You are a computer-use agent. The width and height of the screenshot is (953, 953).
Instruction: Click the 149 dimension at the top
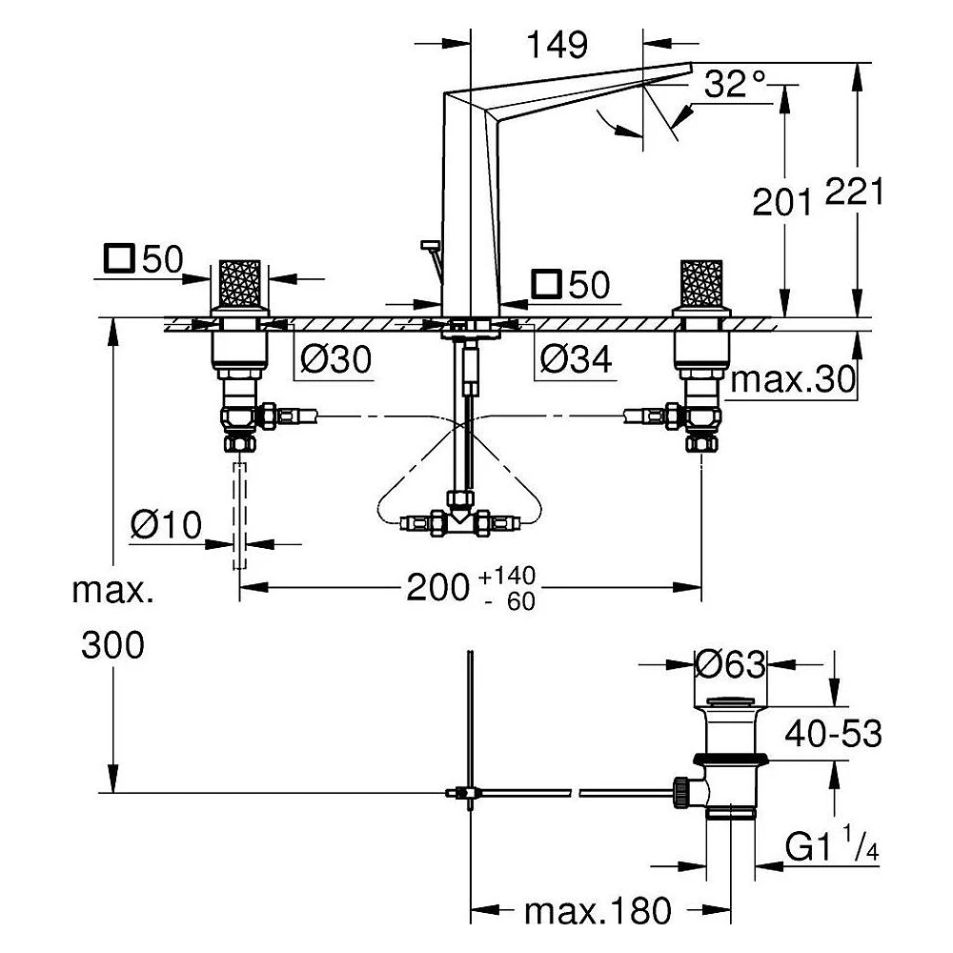pyautogui.click(x=557, y=45)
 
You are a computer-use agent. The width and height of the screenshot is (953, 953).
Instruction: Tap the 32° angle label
pyautogui.click(x=735, y=83)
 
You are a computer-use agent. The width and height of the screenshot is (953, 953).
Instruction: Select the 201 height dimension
pyautogui.click(x=781, y=202)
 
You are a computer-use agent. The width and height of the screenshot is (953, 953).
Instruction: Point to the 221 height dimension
pyautogui.click(x=854, y=193)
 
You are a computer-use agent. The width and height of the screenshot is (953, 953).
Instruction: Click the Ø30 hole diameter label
pyautogui.click(x=336, y=359)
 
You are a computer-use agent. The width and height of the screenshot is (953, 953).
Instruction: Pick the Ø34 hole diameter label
pyautogui.click(x=576, y=359)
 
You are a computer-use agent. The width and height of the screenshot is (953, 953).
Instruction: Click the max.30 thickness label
pyautogui.click(x=793, y=379)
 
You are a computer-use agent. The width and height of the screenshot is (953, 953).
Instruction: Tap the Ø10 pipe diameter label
pyautogui.click(x=166, y=524)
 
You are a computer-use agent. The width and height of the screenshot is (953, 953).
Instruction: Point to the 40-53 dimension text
pyautogui.click(x=833, y=734)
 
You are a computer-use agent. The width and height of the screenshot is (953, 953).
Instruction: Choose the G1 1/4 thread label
pyautogui.click(x=832, y=844)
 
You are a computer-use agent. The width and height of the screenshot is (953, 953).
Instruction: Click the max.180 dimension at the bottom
pyautogui.click(x=598, y=910)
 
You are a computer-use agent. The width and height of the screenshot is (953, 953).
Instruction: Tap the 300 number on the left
pyautogui.click(x=113, y=645)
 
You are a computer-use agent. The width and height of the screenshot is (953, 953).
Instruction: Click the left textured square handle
pyautogui.click(x=239, y=284)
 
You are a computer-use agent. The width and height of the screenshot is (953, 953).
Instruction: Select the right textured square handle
pyautogui.click(x=701, y=284)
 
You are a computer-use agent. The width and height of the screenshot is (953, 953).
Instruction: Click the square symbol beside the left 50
pyautogui.click(x=119, y=258)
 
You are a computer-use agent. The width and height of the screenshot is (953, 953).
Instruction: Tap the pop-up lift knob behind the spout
pyautogui.click(x=430, y=244)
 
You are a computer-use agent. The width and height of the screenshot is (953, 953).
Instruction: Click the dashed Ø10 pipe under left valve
pyautogui.click(x=239, y=516)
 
